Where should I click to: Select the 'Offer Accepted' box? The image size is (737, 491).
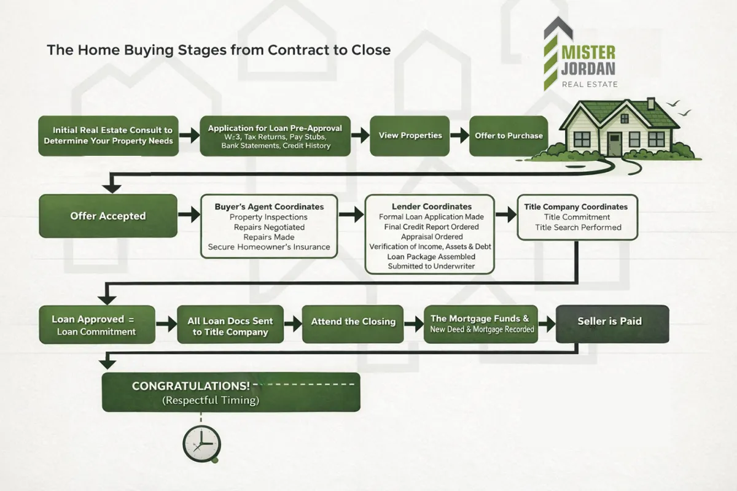(107, 216)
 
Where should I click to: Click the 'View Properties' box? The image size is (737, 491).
(410, 136)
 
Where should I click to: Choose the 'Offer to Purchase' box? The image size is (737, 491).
(509, 136)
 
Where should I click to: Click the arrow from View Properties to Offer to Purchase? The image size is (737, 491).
(459, 136)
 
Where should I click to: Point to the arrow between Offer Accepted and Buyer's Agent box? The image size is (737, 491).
(189, 216)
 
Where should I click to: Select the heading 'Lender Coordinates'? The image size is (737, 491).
(431, 207)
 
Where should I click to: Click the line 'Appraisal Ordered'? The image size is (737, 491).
(431, 236)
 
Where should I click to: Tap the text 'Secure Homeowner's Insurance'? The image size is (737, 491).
(269, 247)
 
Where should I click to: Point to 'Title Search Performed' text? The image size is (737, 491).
(578, 227)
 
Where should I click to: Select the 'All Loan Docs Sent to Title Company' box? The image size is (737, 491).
(230, 326)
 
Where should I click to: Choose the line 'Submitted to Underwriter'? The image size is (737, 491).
(431, 266)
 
